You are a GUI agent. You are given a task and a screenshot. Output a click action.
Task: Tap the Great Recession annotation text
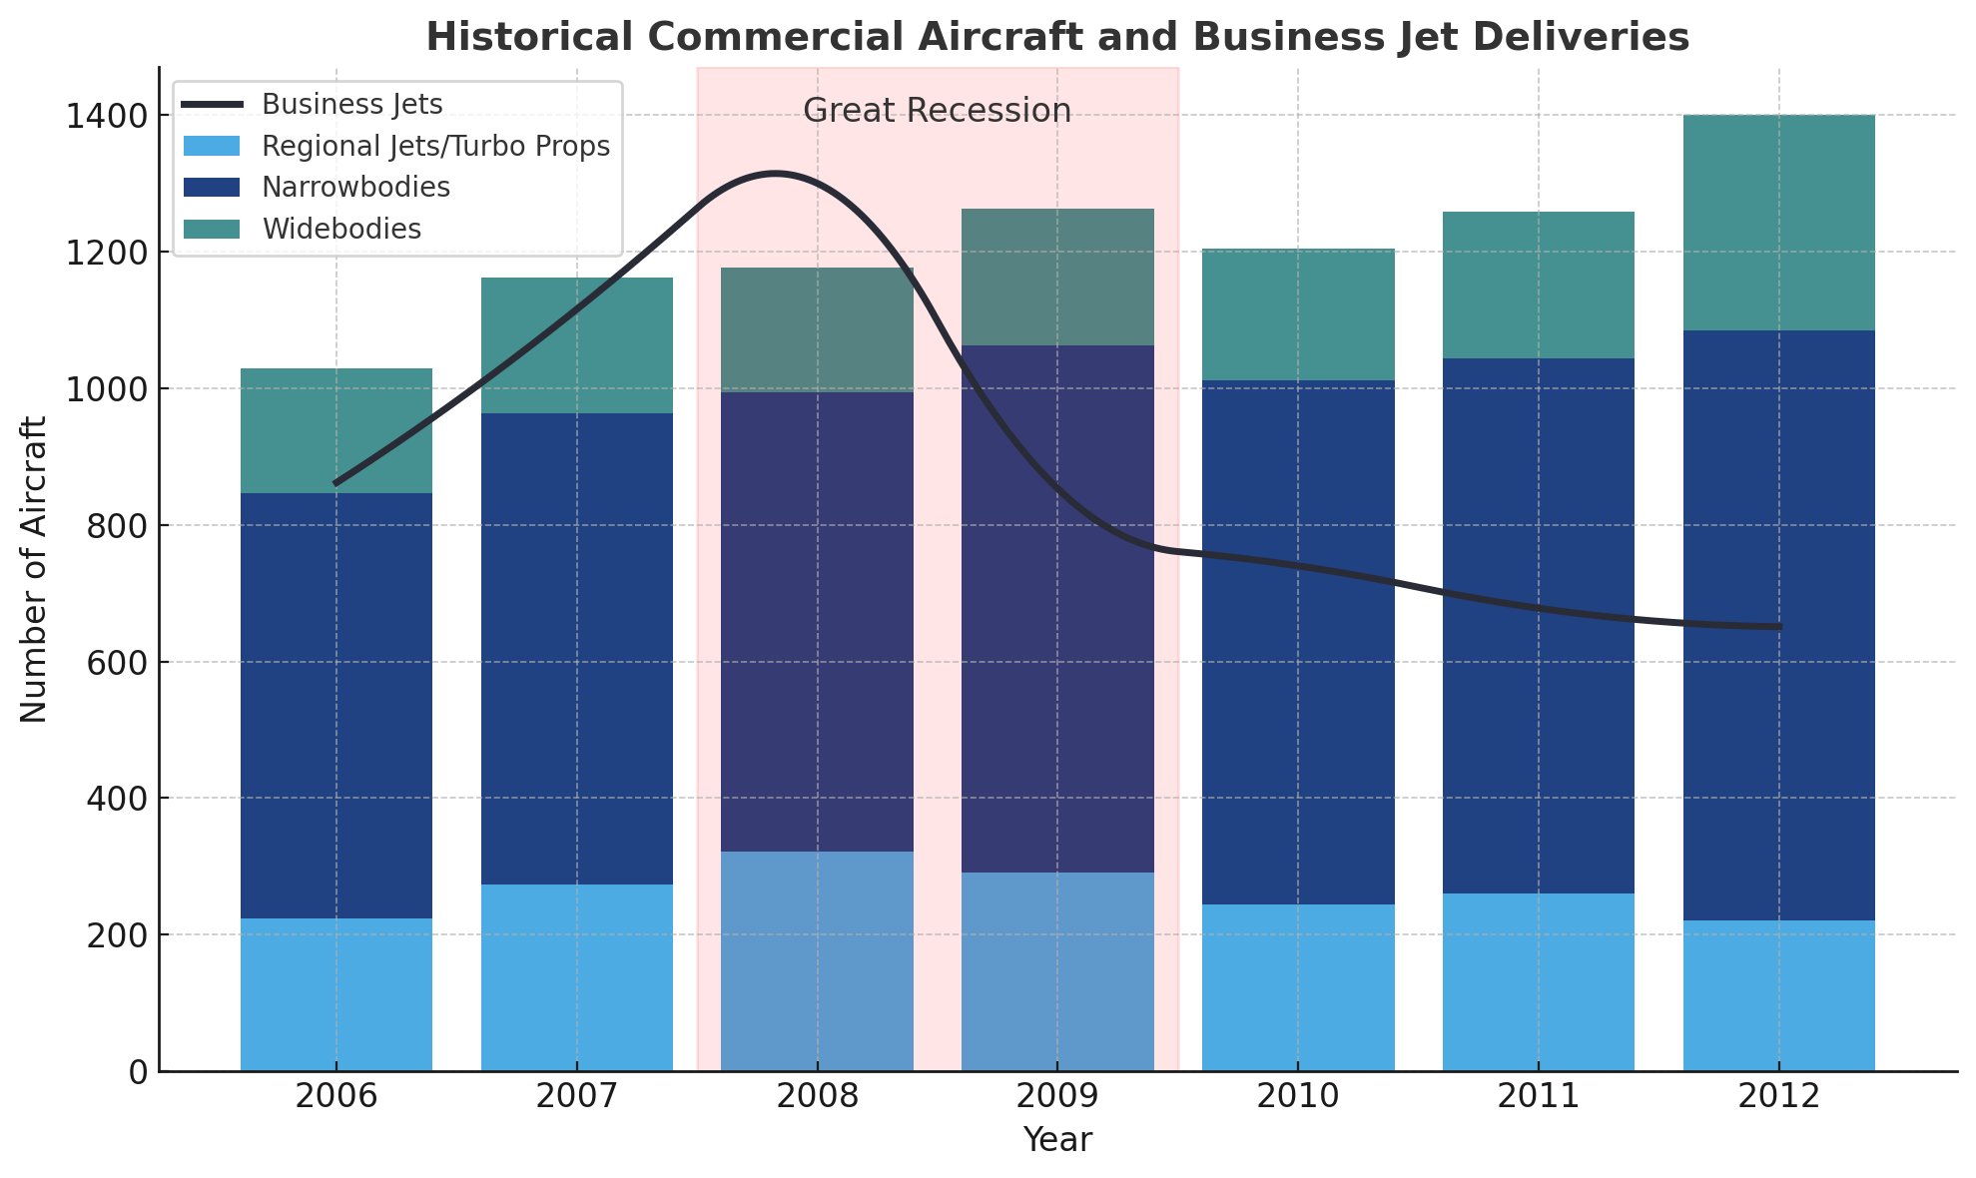[937, 111]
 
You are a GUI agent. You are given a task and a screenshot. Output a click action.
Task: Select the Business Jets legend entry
[351, 104]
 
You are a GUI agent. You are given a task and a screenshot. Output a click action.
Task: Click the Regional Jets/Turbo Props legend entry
[435, 146]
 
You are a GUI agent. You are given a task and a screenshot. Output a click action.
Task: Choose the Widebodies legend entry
[341, 230]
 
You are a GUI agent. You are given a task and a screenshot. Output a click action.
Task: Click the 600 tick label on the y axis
[120, 662]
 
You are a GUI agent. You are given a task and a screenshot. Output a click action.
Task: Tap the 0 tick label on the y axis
[138, 1072]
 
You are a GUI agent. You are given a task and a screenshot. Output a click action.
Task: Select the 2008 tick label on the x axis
[818, 1097]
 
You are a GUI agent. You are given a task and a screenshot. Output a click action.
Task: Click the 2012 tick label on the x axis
[1778, 1097]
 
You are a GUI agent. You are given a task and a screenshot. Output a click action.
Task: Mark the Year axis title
[1057, 1140]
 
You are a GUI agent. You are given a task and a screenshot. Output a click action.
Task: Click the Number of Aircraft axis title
[34, 569]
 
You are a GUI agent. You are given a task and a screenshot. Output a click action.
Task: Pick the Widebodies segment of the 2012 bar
[1778, 223]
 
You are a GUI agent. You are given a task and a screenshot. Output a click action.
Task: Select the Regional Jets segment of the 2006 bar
[336, 994]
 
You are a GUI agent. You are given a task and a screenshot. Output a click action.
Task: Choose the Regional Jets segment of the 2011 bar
[1538, 982]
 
